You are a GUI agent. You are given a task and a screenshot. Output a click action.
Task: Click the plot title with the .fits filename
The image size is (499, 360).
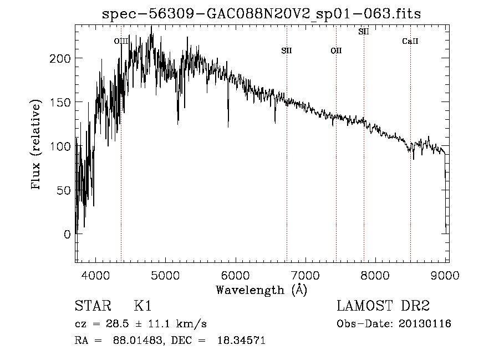[x=262, y=14]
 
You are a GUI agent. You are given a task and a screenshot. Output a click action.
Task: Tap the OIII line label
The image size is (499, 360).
[x=121, y=41]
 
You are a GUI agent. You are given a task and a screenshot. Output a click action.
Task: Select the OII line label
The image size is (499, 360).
[x=336, y=51]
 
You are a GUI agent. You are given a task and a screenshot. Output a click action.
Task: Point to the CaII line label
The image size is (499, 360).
[x=410, y=41]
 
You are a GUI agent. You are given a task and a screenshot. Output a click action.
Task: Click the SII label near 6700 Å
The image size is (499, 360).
[x=287, y=50]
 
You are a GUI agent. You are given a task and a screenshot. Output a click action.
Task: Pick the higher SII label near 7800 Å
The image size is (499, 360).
[x=364, y=32]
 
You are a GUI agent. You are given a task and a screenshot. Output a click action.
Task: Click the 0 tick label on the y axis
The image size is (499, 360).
[x=67, y=234]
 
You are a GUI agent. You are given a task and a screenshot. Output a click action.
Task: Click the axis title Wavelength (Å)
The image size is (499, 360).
[x=261, y=290]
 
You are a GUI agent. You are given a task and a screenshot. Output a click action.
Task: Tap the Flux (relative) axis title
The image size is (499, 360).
[x=37, y=145]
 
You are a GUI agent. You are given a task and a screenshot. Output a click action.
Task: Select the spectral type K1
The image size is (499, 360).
[x=142, y=306]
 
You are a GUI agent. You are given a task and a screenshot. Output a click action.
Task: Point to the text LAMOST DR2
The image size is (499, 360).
[x=383, y=306]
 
